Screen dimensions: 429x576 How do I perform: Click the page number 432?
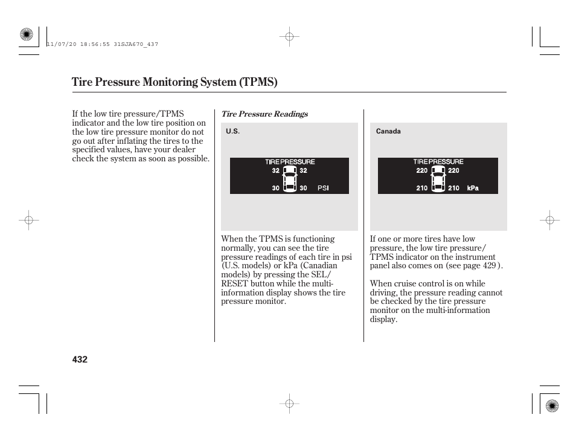point(80,360)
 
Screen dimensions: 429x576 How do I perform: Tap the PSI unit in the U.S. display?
point(323,188)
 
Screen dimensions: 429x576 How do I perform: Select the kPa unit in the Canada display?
point(473,188)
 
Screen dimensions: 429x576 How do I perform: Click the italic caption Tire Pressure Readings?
point(264,114)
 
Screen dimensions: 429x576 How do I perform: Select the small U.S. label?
point(232,132)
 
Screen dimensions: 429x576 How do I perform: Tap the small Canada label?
point(388,132)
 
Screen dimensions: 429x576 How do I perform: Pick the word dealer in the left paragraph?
point(183,150)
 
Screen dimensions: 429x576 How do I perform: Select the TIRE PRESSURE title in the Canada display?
point(438,162)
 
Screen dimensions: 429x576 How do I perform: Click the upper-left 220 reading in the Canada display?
point(421,170)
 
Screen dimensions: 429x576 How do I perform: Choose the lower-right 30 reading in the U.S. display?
point(303,188)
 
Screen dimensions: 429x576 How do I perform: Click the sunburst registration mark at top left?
point(26,35)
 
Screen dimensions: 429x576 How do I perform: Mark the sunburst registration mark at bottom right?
point(551,405)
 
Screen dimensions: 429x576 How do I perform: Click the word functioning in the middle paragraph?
point(313,239)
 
